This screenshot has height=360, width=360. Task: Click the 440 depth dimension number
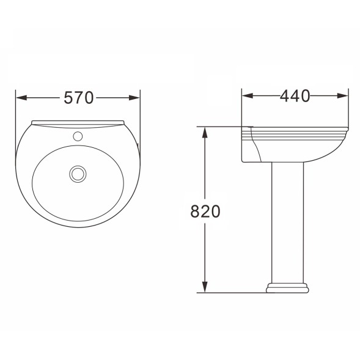[x=295, y=96]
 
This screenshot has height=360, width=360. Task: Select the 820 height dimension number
[x=205, y=211]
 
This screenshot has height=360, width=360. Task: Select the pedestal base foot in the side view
[x=285, y=287]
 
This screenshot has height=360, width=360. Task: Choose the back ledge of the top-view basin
[x=78, y=123]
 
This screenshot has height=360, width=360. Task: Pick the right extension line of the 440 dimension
[x=348, y=110]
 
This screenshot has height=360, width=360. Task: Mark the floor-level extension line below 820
[x=232, y=292]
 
